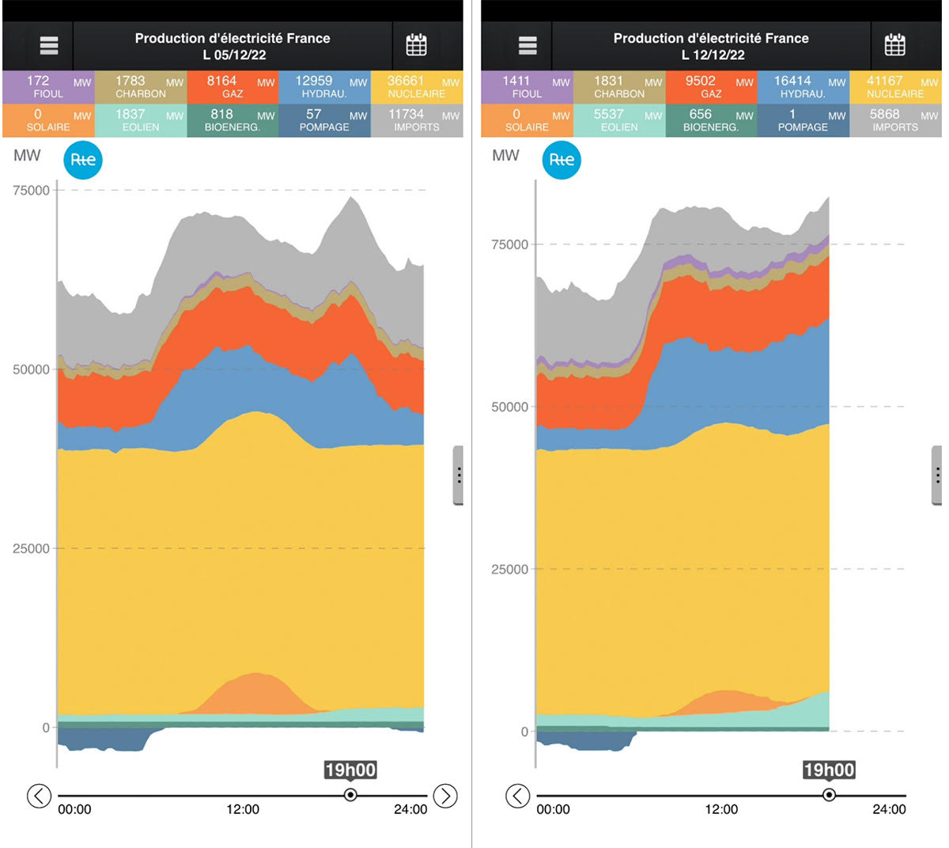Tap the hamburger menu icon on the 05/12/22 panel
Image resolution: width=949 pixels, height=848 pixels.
click(49, 46)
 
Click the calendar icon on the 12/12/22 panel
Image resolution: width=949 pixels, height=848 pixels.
click(894, 45)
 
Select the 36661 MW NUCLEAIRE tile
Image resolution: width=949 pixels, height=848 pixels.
click(417, 87)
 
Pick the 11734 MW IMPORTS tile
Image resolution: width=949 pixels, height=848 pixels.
click(417, 120)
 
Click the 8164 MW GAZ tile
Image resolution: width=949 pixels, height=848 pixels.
click(233, 87)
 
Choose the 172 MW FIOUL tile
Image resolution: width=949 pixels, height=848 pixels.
click(48, 87)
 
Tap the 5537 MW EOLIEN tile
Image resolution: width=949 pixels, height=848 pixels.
click(619, 120)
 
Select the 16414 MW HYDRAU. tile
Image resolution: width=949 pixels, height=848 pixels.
click(803, 87)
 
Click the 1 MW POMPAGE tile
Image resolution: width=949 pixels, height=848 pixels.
click(803, 120)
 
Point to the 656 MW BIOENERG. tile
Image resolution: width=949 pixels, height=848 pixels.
click(711, 120)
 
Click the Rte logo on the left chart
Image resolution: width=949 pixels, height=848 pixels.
click(83, 160)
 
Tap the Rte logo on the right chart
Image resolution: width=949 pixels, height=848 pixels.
click(561, 160)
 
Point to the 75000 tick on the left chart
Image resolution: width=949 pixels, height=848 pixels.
click(32, 190)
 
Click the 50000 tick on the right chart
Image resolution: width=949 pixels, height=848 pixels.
click(510, 407)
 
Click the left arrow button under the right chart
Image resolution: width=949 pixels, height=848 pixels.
click(517, 796)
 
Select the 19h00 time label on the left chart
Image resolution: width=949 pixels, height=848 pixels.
click(350, 770)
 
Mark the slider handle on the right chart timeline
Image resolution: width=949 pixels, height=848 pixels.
click(829, 795)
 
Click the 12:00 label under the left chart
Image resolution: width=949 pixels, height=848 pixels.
click(243, 809)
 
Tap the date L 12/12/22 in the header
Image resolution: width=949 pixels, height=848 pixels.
click(713, 55)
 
